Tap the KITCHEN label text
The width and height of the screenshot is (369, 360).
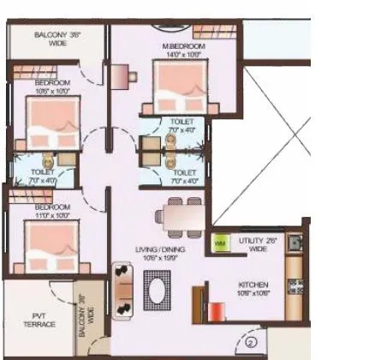pyautogui.click(x=254, y=284)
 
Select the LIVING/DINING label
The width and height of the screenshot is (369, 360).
pyautogui.click(x=160, y=249)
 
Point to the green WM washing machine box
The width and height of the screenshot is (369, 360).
pyautogui.click(x=221, y=244)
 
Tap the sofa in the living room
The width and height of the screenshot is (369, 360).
pyautogui.click(x=123, y=289)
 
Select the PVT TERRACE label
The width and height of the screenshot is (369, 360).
pyautogui.click(x=39, y=321)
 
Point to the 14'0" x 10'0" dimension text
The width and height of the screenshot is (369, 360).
pyautogui.click(x=182, y=52)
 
